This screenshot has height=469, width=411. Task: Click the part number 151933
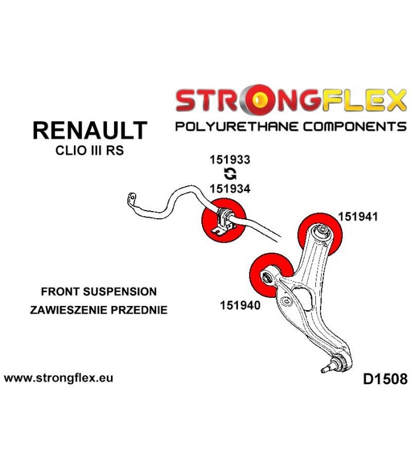pyautogui.click(x=230, y=159)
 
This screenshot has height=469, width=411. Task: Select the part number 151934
pyautogui.click(x=230, y=189)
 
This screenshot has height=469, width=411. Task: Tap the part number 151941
pyautogui.click(x=358, y=216)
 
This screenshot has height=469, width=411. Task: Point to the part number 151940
pyautogui.click(x=240, y=305)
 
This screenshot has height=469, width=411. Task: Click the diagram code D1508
pyautogui.click(x=385, y=379)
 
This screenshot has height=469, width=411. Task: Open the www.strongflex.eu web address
pyautogui.click(x=59, y=378)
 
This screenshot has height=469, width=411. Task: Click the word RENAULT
pyautogui.click(x=90, y=130)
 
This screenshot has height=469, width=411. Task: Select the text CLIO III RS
pyautogui.click(x=90, y=151)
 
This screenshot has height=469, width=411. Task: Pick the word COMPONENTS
pyautogui.click(x=355, y=127)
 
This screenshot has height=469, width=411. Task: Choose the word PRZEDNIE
pyautogui.click(x=139, y=310)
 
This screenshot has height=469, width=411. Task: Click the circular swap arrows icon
pyautogui.click(x=230, y=174)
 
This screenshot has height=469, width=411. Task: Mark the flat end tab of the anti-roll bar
pyautogui.click(x=131, y=199)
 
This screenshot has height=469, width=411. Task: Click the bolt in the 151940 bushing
pyautogui.click(x=267, y=277)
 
